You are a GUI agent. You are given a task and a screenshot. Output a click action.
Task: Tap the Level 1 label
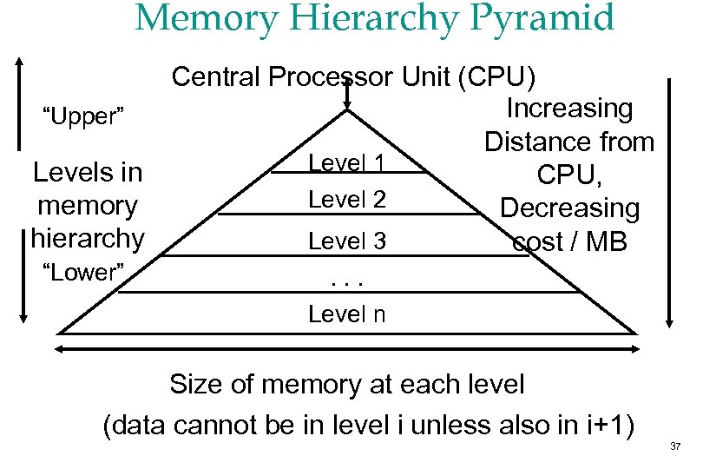tap(346, 162)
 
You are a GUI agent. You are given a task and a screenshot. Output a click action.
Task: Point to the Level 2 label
tap(346, 200)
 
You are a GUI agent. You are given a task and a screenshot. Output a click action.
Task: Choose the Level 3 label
tap(346, 241)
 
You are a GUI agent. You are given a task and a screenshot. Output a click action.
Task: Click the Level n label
tap(346, 314)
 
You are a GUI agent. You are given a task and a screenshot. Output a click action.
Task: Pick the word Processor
tap(332, 77)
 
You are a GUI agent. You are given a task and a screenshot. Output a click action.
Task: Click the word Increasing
tap(569, 109)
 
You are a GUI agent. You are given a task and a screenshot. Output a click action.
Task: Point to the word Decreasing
tap(569, 208)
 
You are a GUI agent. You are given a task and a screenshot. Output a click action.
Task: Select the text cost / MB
tap(569, 241)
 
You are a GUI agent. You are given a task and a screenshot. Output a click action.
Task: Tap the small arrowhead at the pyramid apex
tap(347, 104)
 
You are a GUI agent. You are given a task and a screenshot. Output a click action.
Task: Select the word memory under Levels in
tap(88, 206)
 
